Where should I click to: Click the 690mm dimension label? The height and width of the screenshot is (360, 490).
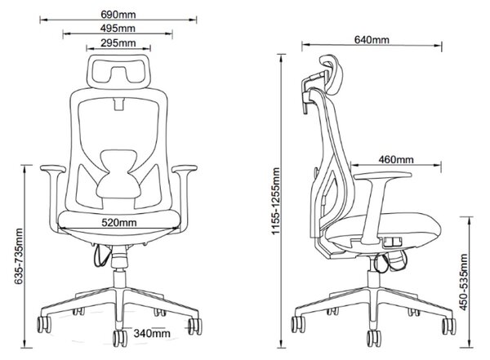tap(118, 15)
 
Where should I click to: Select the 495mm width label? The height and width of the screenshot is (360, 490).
tap(118, 29)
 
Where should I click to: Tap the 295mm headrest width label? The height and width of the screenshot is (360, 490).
tap(118, 43)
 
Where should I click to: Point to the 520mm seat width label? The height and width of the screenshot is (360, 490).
tap(119, 223)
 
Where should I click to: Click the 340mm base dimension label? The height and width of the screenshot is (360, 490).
tap(152, 333)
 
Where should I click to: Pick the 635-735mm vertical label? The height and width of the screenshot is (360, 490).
tap(19, 256)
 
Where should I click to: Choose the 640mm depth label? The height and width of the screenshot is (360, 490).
tap(372, 40)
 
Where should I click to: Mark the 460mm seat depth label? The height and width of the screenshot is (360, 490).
tap(396, 160)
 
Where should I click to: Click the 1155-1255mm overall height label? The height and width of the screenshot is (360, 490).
tap(276, 202)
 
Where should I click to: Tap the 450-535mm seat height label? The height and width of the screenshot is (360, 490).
tap(464, 282)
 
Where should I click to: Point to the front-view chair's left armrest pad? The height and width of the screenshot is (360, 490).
tap(53, 169)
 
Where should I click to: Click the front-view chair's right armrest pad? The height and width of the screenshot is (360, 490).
tap(185, 169)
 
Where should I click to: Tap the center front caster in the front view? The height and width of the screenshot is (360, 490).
tap(120, 339)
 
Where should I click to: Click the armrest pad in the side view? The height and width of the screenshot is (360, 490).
tap(383, 176)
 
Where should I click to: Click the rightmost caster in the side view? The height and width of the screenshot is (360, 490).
tap(449, 327)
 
